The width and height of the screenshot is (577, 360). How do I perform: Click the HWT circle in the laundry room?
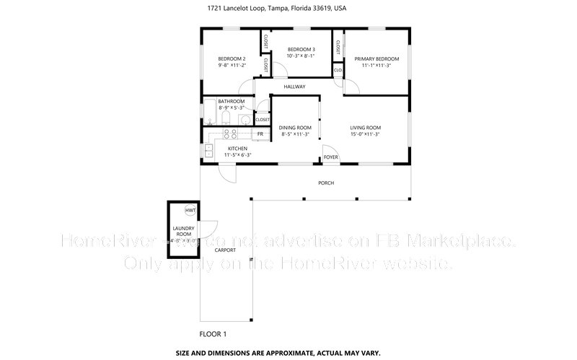[190, 210]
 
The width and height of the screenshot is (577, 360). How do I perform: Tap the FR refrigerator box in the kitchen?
[260, 134]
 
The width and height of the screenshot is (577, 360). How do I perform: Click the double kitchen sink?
[208, 150]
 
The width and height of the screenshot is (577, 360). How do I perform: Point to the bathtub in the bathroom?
[207, 115]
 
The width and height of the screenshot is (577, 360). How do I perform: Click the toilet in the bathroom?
[224, 118]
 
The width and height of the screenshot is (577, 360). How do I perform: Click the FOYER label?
[331, 157]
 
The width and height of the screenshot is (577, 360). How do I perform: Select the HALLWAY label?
[294, 87]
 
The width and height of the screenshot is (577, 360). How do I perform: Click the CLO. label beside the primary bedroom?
[338, 70]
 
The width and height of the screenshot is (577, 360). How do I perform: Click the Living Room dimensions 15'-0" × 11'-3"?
[365, 134]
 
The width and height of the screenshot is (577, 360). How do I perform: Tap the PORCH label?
[326, 183]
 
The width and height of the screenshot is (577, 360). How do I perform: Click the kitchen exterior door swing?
[228, 174]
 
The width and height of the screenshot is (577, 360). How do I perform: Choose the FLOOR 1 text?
[213, 334]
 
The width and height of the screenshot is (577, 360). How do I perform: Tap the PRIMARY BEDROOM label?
[376, 58]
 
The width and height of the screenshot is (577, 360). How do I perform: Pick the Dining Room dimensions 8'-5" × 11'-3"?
[294, 134]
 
